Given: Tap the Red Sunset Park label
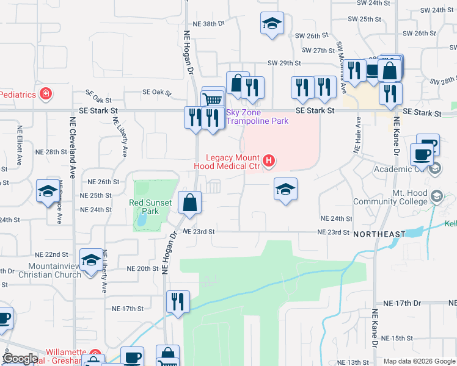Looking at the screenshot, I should tap(144, 207).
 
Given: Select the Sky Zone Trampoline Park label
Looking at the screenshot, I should tap(257, 117).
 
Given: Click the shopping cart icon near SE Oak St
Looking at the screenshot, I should tap(213, 98).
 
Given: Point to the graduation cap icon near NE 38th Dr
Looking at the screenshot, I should tap(272, 24).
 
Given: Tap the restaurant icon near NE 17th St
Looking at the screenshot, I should tap(178, 300).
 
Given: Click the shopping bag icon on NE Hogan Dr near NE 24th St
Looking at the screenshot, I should tap(190, 202).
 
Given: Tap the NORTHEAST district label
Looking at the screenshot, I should tap(379, 234).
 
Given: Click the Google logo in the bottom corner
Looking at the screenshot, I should tap(20, 359).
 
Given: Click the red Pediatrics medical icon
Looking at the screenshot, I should tap(45, 94).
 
